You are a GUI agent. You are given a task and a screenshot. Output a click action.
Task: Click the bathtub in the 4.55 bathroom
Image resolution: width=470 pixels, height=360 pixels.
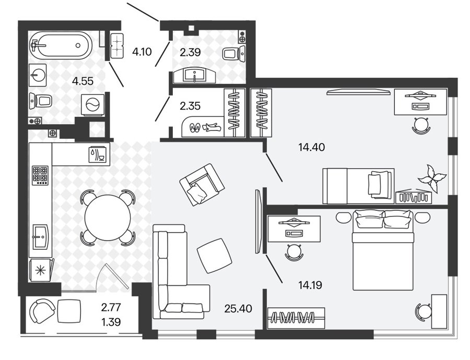[61, 46]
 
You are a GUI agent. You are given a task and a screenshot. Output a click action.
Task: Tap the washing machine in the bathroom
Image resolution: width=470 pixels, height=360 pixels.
[92, 104]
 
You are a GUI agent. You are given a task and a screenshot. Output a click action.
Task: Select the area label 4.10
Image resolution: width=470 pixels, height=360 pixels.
[142, 52]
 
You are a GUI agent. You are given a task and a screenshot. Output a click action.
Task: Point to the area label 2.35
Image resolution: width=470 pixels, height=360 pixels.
[190, 106]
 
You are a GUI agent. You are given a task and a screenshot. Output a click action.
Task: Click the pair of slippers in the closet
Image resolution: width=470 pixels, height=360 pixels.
[195, 128]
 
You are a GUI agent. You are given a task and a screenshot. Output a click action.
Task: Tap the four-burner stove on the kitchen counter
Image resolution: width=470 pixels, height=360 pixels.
[40, 175]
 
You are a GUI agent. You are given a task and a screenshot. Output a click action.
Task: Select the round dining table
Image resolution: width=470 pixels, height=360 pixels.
[108, 217]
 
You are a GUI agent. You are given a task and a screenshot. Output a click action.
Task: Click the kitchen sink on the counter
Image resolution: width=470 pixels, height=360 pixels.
[40, 237]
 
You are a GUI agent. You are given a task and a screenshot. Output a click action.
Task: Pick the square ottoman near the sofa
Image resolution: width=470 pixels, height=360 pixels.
[214, 256]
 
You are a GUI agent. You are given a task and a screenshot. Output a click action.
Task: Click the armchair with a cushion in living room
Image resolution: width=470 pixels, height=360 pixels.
[202, 184]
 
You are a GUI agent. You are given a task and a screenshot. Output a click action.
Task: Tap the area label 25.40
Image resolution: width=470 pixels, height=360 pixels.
[238, 308]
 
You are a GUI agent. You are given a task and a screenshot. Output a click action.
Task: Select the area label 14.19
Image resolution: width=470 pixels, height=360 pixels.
[310, 285]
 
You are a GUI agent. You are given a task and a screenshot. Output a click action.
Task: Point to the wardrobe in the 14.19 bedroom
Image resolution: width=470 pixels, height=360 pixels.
[296, 317]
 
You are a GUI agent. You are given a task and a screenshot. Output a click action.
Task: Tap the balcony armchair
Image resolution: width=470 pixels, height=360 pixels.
[42, 311]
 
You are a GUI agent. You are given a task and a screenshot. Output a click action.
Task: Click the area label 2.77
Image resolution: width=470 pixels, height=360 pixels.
[111, 307]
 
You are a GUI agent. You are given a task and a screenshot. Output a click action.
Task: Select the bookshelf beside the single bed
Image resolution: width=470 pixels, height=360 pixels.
[414, 197]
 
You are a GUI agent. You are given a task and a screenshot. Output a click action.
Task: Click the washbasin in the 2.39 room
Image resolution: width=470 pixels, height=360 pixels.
[195, 75]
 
